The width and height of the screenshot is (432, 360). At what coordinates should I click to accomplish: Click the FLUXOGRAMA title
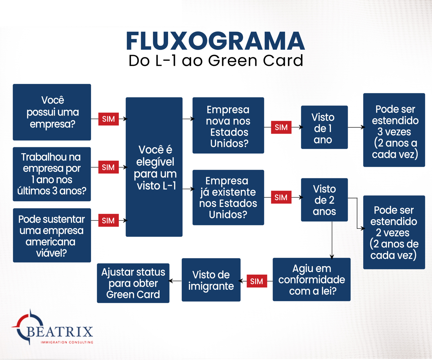[215, 41]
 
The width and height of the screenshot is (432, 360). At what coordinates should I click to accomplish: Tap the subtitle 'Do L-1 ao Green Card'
[216, 60]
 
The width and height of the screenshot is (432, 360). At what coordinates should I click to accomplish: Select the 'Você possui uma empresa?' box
[52, 112]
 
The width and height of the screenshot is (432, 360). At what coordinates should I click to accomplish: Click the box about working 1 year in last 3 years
[52, 174]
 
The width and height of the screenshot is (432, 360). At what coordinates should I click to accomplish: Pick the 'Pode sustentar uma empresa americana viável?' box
[52, 235]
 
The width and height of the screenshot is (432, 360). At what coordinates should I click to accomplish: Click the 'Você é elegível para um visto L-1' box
[154, 167]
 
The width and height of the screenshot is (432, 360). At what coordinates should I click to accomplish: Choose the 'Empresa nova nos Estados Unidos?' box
[228, 125]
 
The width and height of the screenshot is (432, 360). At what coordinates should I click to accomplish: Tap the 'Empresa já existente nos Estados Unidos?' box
[228, 198]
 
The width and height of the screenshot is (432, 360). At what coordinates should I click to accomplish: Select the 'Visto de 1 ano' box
[324, 127]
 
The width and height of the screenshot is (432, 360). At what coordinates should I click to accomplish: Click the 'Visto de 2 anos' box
[324, 200]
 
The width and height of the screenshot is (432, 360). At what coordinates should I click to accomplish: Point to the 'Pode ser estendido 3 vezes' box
[394, 130]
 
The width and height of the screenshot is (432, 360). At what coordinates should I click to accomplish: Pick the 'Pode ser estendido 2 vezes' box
[394, 232]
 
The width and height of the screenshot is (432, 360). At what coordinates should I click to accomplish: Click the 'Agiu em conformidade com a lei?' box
[312, 279]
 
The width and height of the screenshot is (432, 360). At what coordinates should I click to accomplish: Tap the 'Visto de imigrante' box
[211, 280]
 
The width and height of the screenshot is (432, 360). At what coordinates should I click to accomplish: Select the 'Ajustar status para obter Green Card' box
[133, 283]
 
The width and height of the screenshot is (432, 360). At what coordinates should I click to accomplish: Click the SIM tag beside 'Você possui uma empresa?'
[108, 119]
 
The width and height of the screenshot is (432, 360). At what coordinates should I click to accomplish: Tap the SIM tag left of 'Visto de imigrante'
[257, 281]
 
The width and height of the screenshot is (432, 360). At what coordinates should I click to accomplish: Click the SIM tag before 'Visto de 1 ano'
[281, 127]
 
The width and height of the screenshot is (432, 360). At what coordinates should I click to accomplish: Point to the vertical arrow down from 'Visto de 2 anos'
[332, 240]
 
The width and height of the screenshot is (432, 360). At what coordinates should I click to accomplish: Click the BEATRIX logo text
[60, 332]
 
